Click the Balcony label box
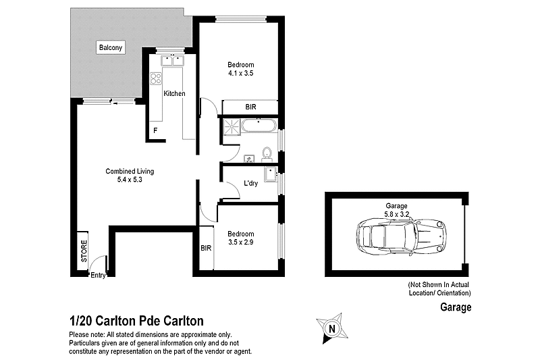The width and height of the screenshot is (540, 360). tap(111, 48)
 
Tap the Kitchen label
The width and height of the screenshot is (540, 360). tap(174, 94)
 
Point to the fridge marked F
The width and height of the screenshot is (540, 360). tap(155, 130)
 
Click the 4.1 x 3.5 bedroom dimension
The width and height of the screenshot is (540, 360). tap(239, 73)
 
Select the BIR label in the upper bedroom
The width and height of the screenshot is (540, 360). tap(250, 107)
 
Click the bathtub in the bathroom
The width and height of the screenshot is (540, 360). tap(259, 126)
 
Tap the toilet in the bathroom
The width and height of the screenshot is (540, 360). tap(267, 152)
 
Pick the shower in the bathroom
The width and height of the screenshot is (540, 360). tap(230, 126)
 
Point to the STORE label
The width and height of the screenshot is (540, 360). tap(84, 251)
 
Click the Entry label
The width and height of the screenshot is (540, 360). tap(98, 275)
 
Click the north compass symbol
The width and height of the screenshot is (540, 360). tap(331, 329)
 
